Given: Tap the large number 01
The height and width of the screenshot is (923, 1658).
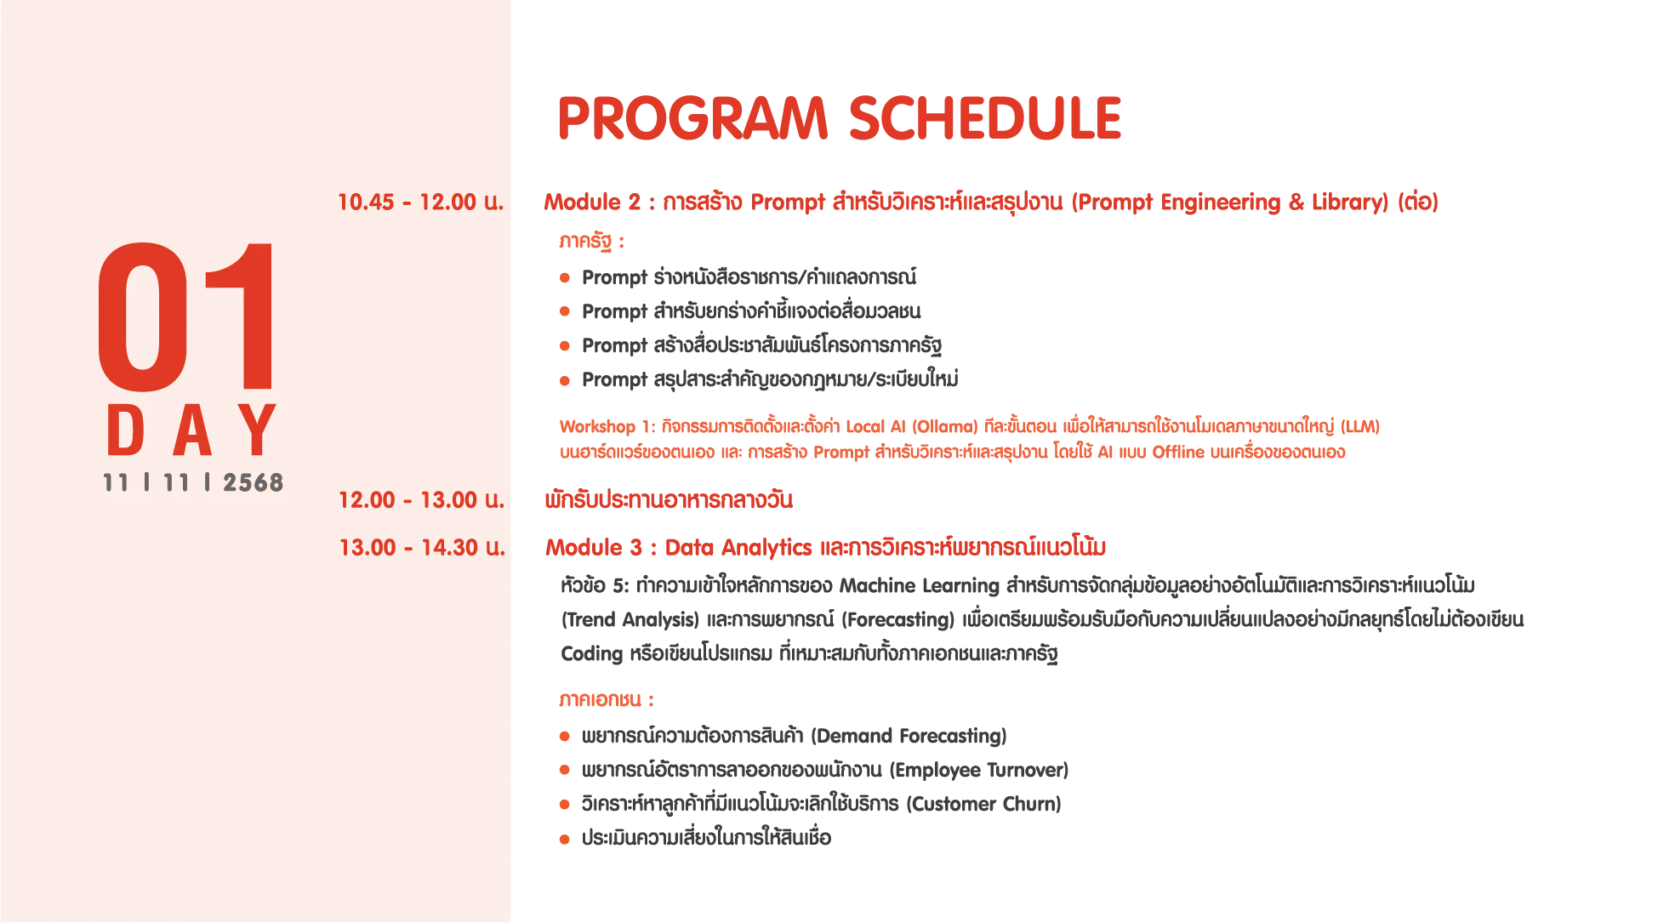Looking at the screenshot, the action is pos(186,316).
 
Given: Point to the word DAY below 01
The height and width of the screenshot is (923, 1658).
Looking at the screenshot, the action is pos(192,430).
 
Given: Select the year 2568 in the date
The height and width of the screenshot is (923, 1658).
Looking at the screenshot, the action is pos(253,483).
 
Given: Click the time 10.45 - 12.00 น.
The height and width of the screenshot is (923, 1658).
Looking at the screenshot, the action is pos(421,202).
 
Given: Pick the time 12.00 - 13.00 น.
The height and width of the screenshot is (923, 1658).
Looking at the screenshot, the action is pos(421,500).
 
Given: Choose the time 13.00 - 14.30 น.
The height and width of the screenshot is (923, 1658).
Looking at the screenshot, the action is pos(422,548).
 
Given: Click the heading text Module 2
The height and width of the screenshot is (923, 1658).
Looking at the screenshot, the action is pos(592,202).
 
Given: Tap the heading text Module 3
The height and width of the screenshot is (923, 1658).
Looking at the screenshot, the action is pos(594,548).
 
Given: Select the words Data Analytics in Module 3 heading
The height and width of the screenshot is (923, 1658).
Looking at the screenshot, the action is pos(738,548).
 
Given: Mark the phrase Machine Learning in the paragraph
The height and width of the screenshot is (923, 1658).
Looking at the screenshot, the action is pos(919,586).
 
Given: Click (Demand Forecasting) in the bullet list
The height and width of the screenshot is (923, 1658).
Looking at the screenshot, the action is pos(909,736).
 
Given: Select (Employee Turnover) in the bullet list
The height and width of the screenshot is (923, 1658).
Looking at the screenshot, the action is pos(979,771).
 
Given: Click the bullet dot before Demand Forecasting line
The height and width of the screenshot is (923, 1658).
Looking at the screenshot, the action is pos(564,737).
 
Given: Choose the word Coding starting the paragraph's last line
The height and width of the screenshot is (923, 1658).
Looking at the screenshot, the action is pos(592,654).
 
